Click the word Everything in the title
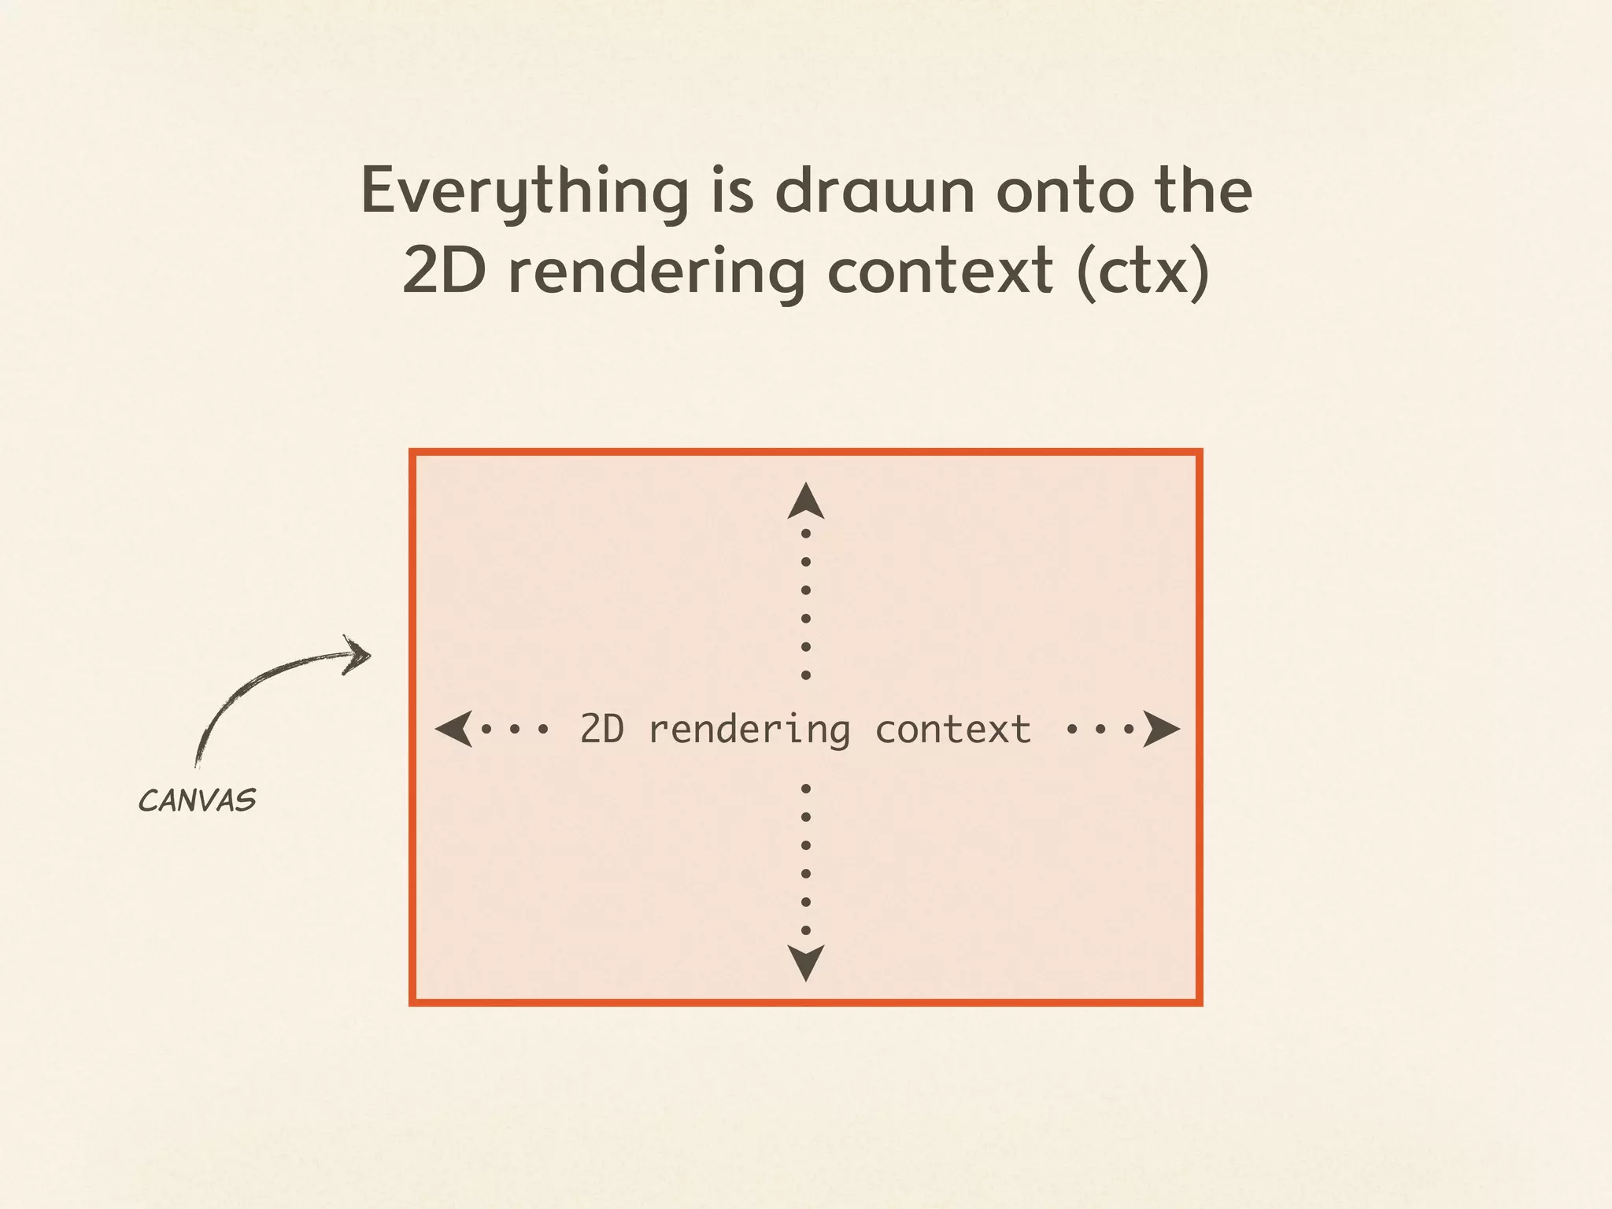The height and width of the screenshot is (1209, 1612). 524,192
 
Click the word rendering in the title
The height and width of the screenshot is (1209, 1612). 658,272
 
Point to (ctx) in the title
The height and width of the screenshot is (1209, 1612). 1143,272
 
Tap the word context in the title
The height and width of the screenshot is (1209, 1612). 940,272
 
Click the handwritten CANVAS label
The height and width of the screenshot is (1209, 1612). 197,801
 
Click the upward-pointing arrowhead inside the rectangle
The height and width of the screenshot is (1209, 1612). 806,502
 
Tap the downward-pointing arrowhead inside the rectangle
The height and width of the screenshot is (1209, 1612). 806,962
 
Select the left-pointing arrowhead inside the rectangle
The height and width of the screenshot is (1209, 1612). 455,729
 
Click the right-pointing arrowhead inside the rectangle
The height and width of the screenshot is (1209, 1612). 1160,729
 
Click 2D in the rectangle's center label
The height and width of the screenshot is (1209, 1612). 602,729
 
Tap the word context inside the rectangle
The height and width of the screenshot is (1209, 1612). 952,729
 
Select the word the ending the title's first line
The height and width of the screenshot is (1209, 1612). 1203,190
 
